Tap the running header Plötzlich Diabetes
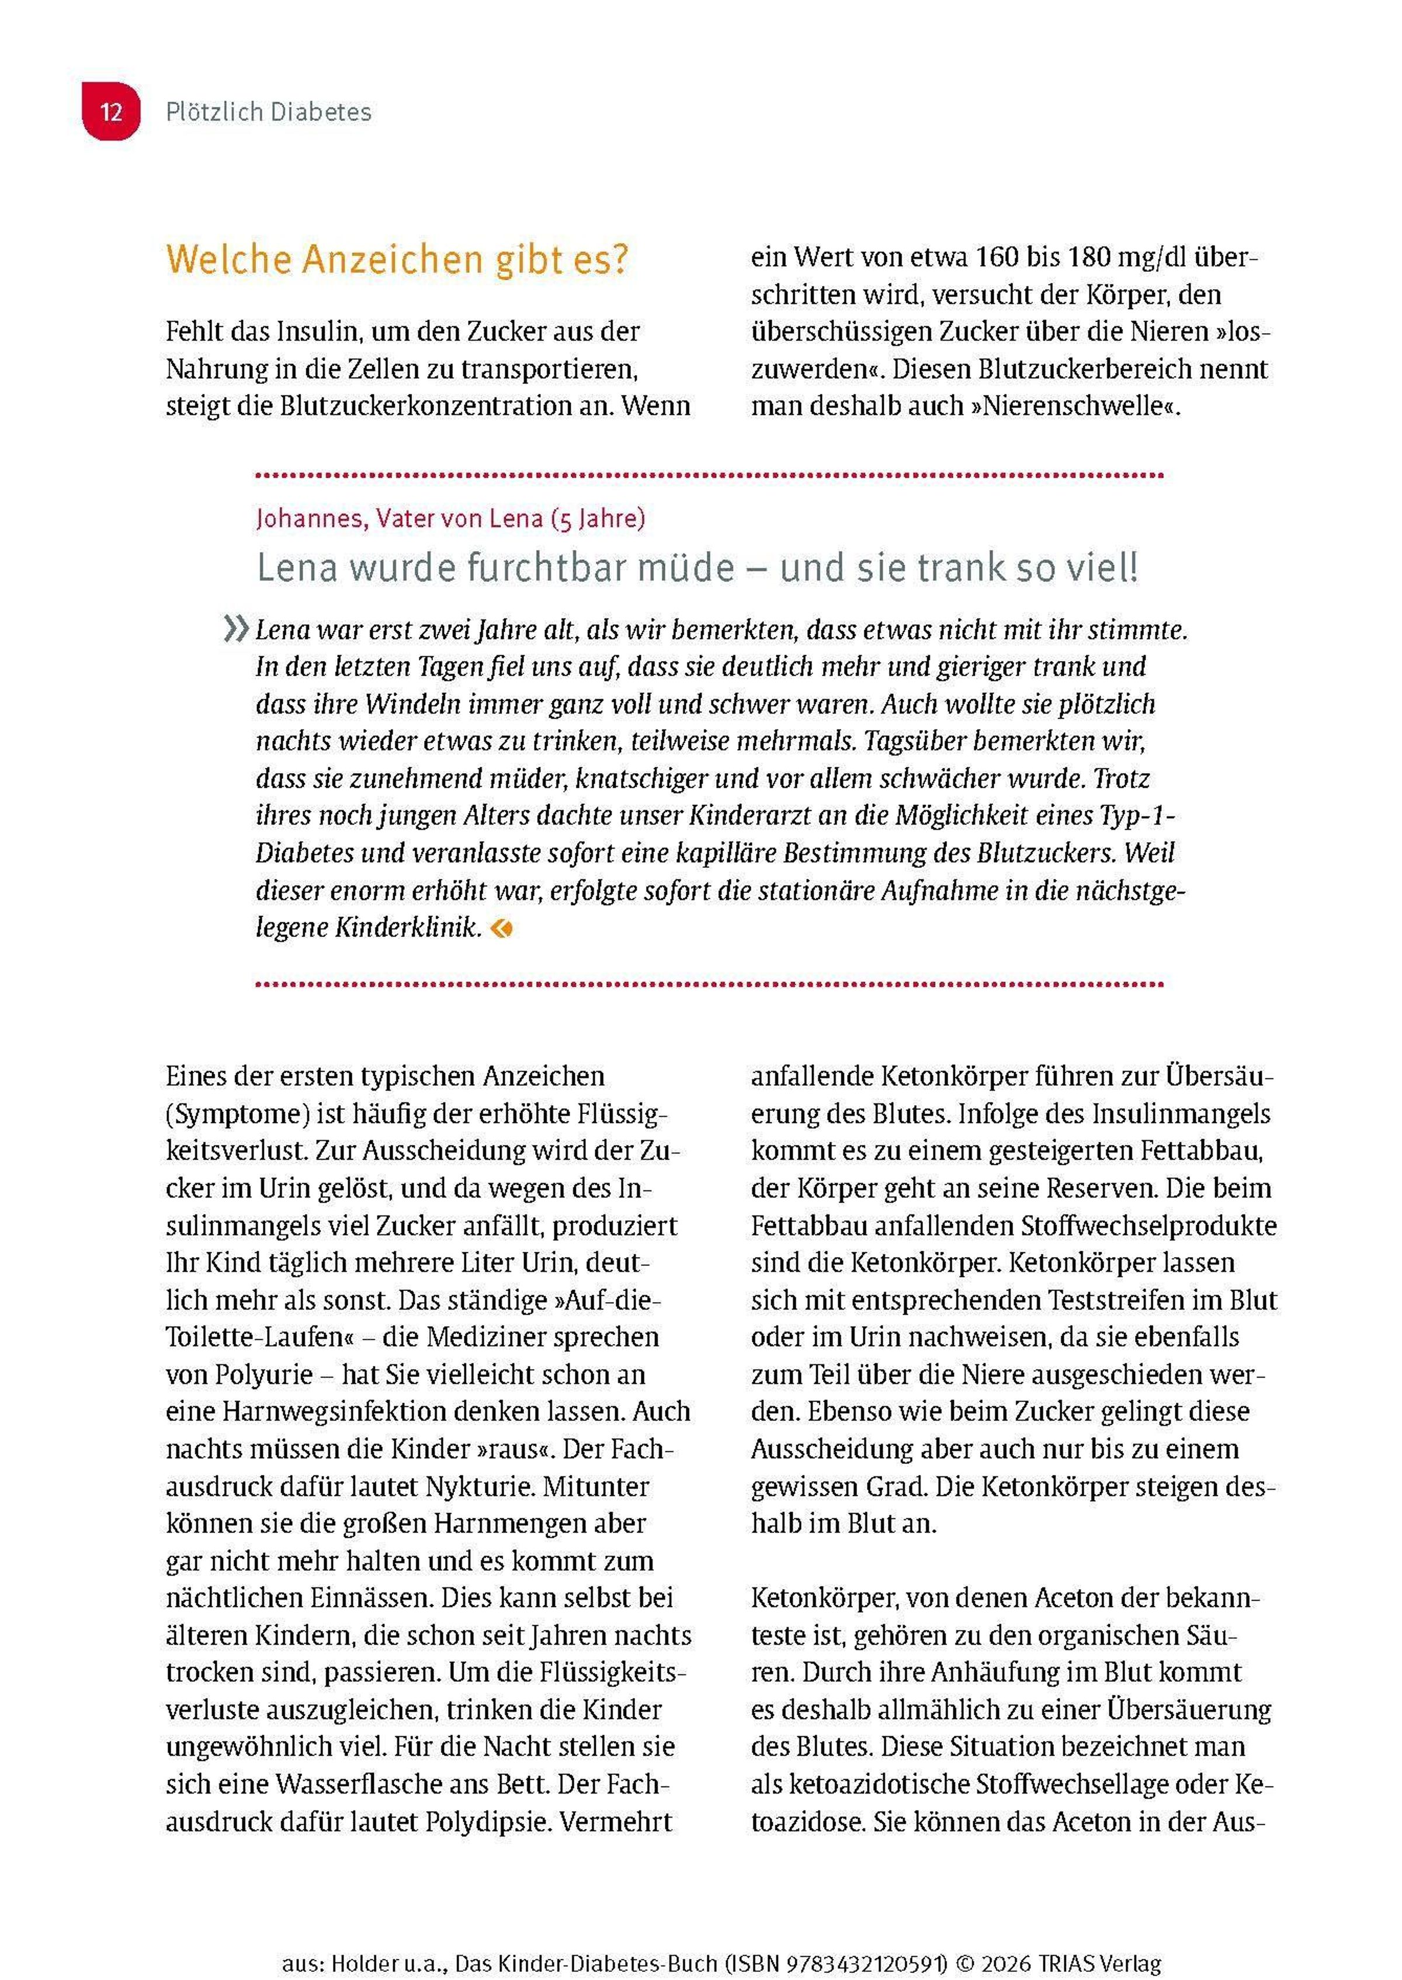(269, 112)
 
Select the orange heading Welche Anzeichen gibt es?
(397, 260)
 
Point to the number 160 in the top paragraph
(997, 257)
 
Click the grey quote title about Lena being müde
(697, 568)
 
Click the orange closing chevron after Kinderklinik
(502, 928)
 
